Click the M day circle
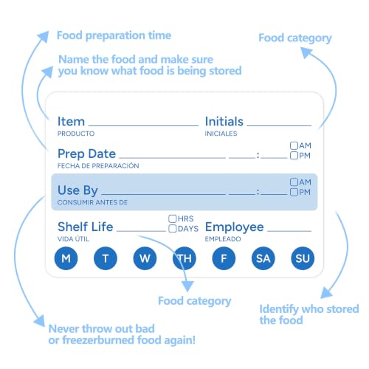pyautogui.click(x=66, y=258)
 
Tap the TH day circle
pyautogui.click(x=184, y=258)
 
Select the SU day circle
pyautogui.click(x=303, y=258)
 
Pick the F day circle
pyautogui.click(x=224, y=258)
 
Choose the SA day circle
pyautogui.click(x=263, y=258)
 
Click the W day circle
pyautogui.click(x=145, y=258)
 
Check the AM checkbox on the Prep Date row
pyautogui.click(x=294, y=145)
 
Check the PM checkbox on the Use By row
pyautogui.click(x=294, y=192)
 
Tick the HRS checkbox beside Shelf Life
pyautogui.click(x=173, y=218)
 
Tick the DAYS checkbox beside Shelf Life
pyautogui.click(x=173, y=229)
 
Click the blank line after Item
pyautogui.click(x=143, y=125)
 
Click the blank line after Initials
pyautogui.click(x=279, y=125)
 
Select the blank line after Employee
pyautogui.click(x=289, y=231)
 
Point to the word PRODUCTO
pyautogui.click(x=76, y=134)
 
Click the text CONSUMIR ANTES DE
pyautogui.click(x=92, y=202)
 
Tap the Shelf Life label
pyautogui.click(x=86, y=227)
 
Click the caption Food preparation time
pyautogui.click(x=114, y=35)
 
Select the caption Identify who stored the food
pyautogui.click(x=309, y=314)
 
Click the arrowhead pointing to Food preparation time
pyautogui.click(x=44, y=37)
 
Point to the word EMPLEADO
pyautogui.click(x=223, y=239)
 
